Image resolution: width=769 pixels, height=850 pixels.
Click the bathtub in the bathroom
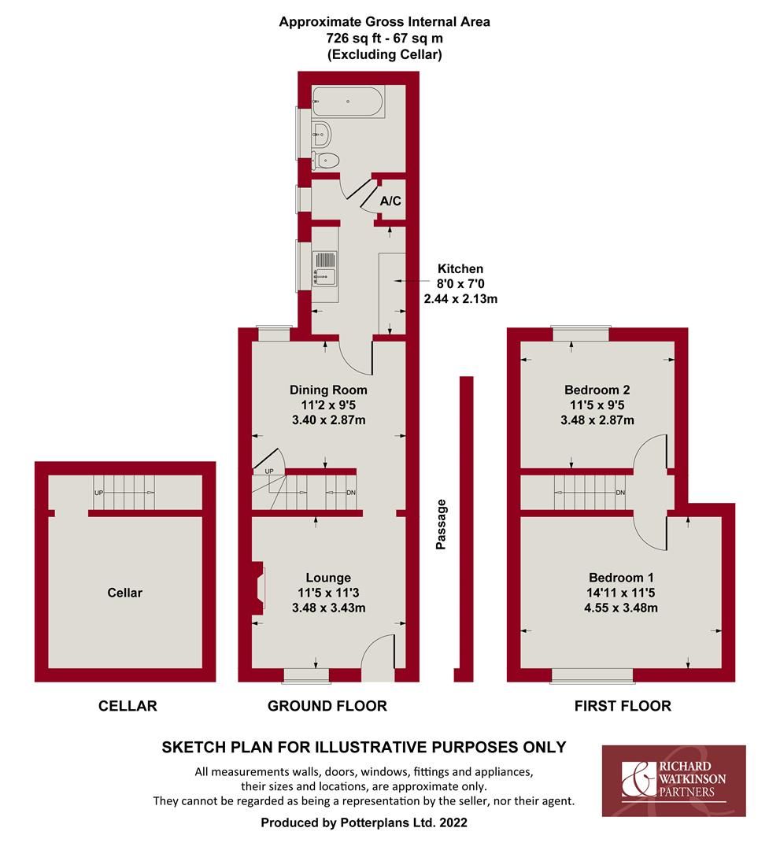point(349,102)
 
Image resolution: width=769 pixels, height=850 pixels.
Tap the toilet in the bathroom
point(326,161)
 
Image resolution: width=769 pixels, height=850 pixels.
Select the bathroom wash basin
point(322,133)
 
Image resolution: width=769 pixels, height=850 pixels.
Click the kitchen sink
point(325,269)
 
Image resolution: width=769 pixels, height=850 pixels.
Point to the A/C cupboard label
point(390,201)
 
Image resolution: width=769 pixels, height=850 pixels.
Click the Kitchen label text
point(460,269)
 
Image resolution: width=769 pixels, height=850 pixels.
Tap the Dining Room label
point(328,390)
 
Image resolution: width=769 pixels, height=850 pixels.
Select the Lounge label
point(328,578)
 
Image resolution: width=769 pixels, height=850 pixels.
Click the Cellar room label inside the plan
point(124,593)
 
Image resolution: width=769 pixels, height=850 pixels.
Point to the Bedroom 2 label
point(597,390)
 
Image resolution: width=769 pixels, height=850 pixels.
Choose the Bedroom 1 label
point(621,578)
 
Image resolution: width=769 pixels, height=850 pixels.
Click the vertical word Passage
point(441,524)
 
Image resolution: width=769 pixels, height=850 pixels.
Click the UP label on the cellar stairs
point(98,493)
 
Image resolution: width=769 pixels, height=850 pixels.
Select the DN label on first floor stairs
point(620,493)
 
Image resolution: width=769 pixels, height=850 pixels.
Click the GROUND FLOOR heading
point(327,706)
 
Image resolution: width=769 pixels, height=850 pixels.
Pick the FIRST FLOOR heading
point(623,706)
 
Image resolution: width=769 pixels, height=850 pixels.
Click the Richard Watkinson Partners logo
point(674,781)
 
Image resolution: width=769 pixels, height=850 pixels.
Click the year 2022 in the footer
point(453,822)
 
